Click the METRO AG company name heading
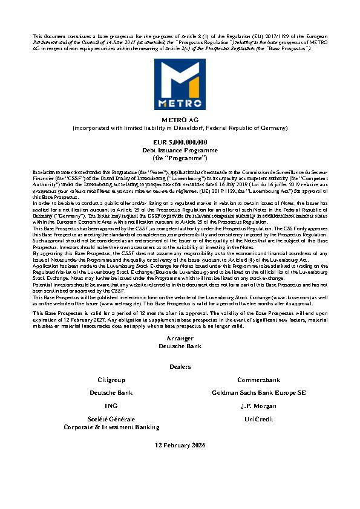(180, 120)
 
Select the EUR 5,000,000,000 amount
(180, 141)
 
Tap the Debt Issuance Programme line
(180, 149)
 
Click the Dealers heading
(180, 366)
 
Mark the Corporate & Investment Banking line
(111, 427)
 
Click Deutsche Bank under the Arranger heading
(180, 346)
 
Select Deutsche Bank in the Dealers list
(111, 393)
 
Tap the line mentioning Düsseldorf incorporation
(180, 128)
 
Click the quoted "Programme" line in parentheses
(180, 156)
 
